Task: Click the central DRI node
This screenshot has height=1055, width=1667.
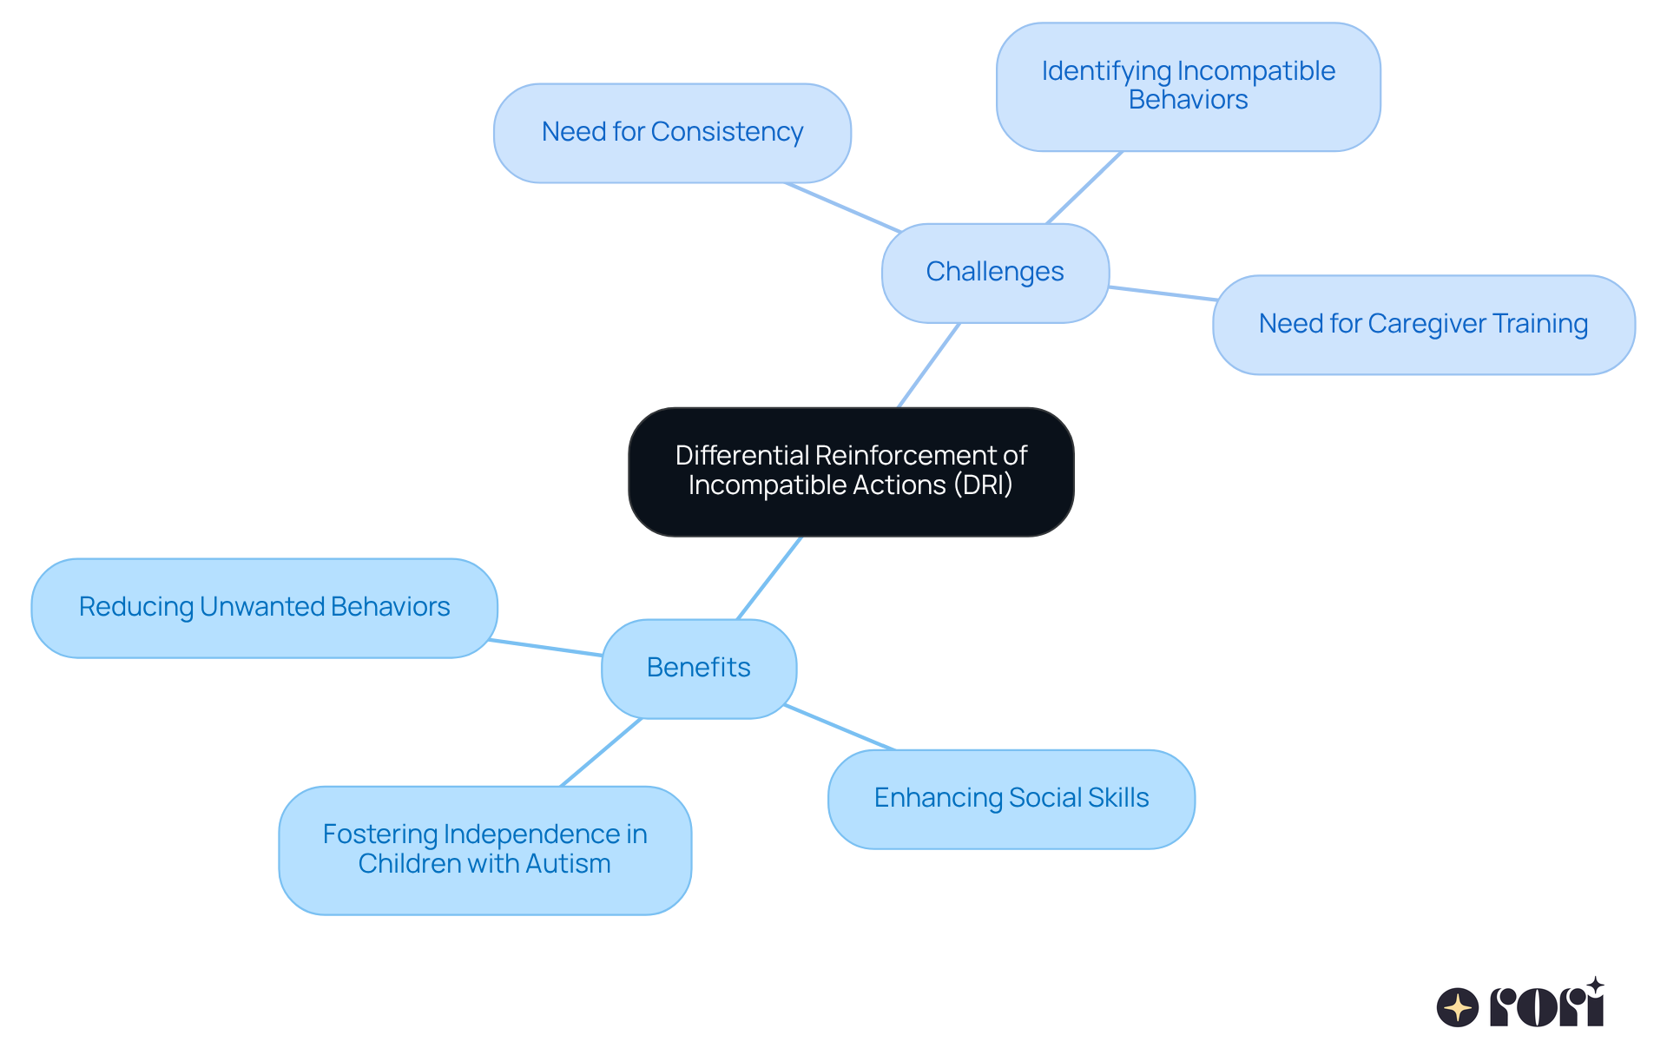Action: click(x=851, y=471)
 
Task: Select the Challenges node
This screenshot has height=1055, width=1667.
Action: click(x=995, y=273)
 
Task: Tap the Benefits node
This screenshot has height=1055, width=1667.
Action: click(x=698, y=668)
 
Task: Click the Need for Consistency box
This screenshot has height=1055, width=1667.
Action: click(x=672, y=133)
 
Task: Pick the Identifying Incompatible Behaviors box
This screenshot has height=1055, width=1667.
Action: click(x=1188, y=86)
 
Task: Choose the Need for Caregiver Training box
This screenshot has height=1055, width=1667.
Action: click(x=1423, y=325)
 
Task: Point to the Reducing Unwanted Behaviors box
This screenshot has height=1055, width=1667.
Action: click(x=264, y=607)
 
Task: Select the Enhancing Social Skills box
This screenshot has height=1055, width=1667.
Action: click(x=1011, y=798)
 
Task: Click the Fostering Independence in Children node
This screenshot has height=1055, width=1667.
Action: click(x=484, y=849)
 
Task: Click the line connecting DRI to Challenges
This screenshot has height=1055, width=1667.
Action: click(x=928, y=366)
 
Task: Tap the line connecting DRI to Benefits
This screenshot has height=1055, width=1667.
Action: click(x=769, y=577)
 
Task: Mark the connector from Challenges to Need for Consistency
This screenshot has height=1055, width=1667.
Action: click(x=842, y=208)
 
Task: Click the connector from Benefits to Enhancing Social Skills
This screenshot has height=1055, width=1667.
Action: click(x=839, y=728)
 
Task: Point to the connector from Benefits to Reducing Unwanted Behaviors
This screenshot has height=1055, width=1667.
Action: click(x=545, y=648)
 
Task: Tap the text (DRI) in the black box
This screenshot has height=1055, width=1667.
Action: click(x=983, y=485)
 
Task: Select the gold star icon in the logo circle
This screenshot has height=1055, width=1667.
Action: click(x=1458, y=1008)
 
